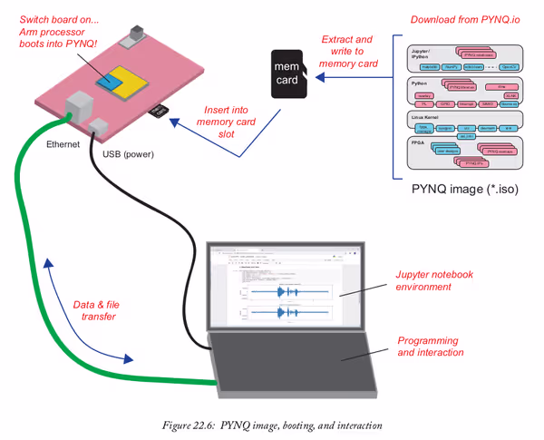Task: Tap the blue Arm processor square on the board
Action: coord(112,80)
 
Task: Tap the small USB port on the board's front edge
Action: coord(101,123)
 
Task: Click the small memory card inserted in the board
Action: coord(159,112)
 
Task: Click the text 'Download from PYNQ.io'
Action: coord(464,19)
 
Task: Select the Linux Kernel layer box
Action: coord(462,123)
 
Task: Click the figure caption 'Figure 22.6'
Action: coord(271,425)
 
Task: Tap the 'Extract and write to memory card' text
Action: coord(346,52)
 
